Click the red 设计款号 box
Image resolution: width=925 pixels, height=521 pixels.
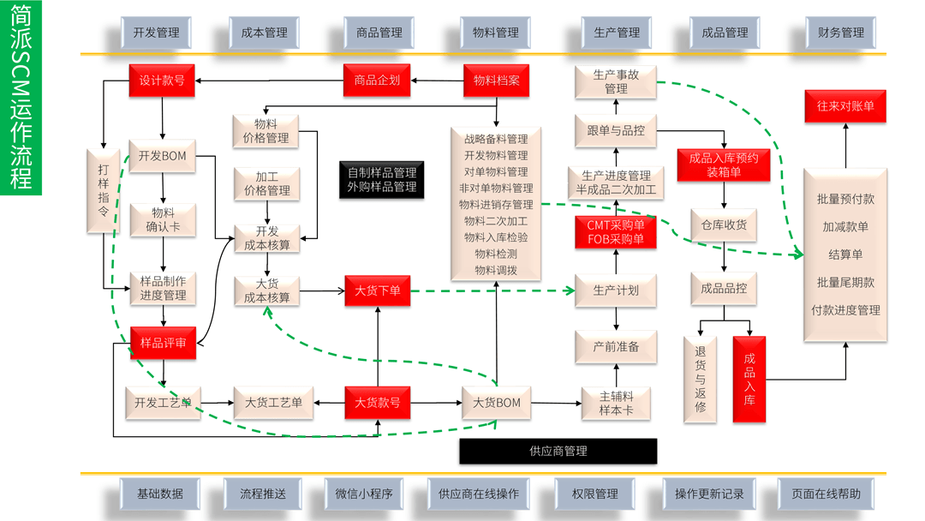162,80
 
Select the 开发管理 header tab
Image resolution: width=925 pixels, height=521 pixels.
156,33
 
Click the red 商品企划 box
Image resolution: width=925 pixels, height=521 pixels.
377,80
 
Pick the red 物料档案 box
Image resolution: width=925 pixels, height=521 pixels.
496,80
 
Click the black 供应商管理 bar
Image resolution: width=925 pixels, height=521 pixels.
558,451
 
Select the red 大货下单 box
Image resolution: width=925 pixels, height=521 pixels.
377,290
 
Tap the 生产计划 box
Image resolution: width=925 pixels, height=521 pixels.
616,290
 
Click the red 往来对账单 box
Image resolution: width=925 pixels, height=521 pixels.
844,106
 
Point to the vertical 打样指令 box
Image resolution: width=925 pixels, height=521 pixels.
102,191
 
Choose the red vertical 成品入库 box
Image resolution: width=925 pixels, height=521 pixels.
749,379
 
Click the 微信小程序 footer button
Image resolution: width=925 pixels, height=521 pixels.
363,494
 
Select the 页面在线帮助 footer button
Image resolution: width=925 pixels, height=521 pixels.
826,494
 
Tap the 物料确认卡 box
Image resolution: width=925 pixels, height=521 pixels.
162,220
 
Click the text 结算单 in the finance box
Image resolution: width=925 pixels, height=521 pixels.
844,255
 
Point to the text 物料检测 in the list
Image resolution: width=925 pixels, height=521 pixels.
496,254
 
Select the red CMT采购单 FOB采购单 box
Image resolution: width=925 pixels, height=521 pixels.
616,231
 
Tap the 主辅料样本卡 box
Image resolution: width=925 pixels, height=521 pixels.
616,402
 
